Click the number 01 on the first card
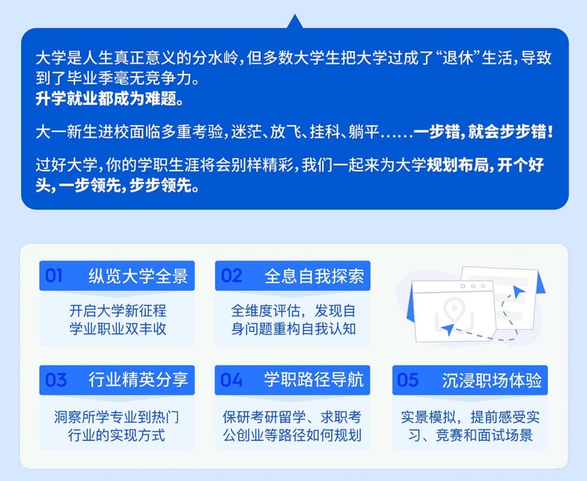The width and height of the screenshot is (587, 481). click(53, 276)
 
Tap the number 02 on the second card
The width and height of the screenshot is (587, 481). click(231, 276)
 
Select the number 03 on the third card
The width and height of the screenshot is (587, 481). click(56, 379)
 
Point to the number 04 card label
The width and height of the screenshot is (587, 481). click(231, 379)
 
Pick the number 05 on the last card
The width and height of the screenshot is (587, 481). click(407, 379)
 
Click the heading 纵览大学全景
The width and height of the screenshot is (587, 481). click(138, 276)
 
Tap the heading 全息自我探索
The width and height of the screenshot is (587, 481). click(314, 276)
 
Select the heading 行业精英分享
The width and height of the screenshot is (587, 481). click(138, 379)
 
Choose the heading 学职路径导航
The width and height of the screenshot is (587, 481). click(314, 379)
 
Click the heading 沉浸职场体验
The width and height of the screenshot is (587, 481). click(491, 379)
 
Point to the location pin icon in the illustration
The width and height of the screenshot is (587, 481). click(453, 309)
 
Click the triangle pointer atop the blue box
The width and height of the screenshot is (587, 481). click(295, 22)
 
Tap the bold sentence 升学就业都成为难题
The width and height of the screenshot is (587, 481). click(109, 98)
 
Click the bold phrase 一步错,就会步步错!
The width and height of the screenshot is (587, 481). click(483, 132)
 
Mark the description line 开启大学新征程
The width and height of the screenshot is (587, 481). click(117, 310)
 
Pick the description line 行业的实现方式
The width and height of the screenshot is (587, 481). click(117, 435)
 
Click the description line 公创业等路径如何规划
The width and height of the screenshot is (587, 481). click(292, 435)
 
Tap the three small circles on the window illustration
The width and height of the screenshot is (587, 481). click(473, 286)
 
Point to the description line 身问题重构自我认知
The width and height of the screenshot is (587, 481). click(293, 329)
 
